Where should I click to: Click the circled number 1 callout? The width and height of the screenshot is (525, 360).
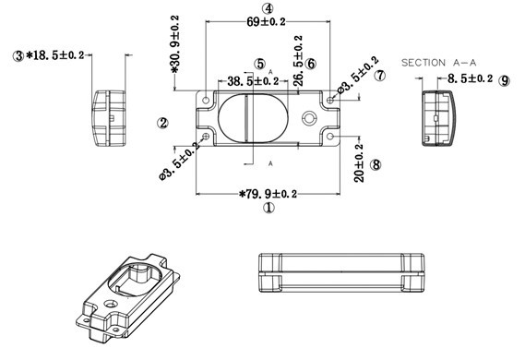tap(268, 209)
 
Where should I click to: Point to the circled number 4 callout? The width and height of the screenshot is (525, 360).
tap(267, 7)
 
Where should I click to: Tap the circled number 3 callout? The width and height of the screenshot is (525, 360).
tap(17, 56)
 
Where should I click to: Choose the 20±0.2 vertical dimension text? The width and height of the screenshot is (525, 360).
tap(359, 162)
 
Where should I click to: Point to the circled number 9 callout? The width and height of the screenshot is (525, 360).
tap(504, 81)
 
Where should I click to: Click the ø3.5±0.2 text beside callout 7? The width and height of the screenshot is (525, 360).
tap(356, 76)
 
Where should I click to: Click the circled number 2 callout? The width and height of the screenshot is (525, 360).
tap(161, 122)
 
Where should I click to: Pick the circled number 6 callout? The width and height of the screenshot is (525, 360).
tap(311, 64)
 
